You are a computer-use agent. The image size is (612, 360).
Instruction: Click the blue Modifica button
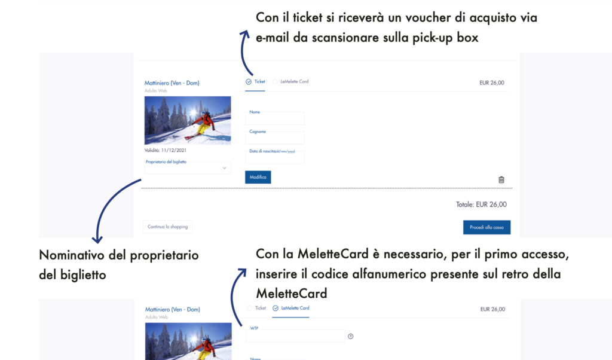tap(258, 177)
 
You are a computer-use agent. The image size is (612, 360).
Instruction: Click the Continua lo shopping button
tap(167, 227)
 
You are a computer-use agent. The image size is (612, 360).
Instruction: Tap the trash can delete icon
tap(501, 179)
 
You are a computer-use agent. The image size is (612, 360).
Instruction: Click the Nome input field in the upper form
tap(274, 118)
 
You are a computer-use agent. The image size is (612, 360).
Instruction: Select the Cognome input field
tap(274, 138)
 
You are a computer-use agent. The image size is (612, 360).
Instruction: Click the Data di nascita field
tap(274, 157)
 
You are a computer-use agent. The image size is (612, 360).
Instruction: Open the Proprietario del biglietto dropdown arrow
tap(225, 168)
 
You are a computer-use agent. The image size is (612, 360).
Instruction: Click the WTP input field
tap(295, 335)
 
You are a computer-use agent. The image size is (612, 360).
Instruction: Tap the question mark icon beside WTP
tap(350, 336)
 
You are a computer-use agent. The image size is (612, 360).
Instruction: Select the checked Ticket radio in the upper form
tap(249, 81)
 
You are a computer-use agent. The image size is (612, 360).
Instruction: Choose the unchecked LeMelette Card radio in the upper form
tap(275, 81)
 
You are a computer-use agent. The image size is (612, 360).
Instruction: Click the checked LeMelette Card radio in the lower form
tap(276, 308)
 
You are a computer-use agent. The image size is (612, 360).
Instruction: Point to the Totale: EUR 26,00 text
tap(481, 204)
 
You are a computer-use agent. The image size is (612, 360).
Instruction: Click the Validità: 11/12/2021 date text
tap(166, 150)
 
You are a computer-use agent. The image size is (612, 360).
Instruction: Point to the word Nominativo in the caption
tap(72, 255)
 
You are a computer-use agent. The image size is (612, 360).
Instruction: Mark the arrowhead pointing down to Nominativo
tap(97, 239)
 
